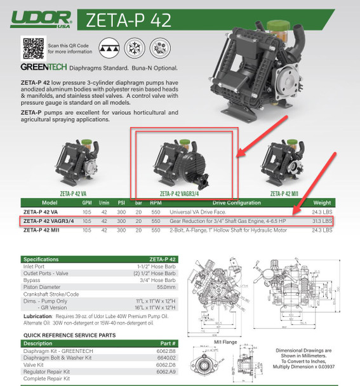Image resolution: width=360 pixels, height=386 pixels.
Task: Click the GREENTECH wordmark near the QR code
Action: pos(42,67)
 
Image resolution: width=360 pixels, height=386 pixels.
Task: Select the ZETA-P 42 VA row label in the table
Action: pos(42,211)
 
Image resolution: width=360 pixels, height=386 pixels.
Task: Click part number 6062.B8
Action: pos(185,351)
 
